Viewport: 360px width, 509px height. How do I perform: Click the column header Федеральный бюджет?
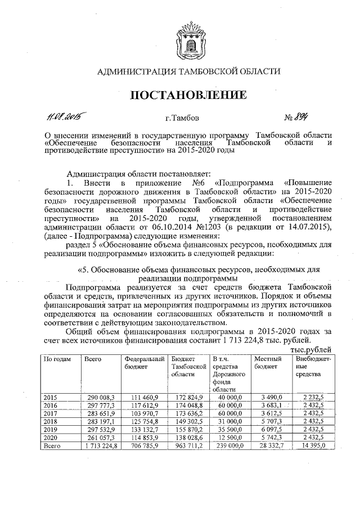(143, 362)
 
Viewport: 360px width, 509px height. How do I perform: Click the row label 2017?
(51, 413)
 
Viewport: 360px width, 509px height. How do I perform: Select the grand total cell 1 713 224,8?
(100, 446)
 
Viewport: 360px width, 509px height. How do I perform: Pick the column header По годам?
(57, 358)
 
